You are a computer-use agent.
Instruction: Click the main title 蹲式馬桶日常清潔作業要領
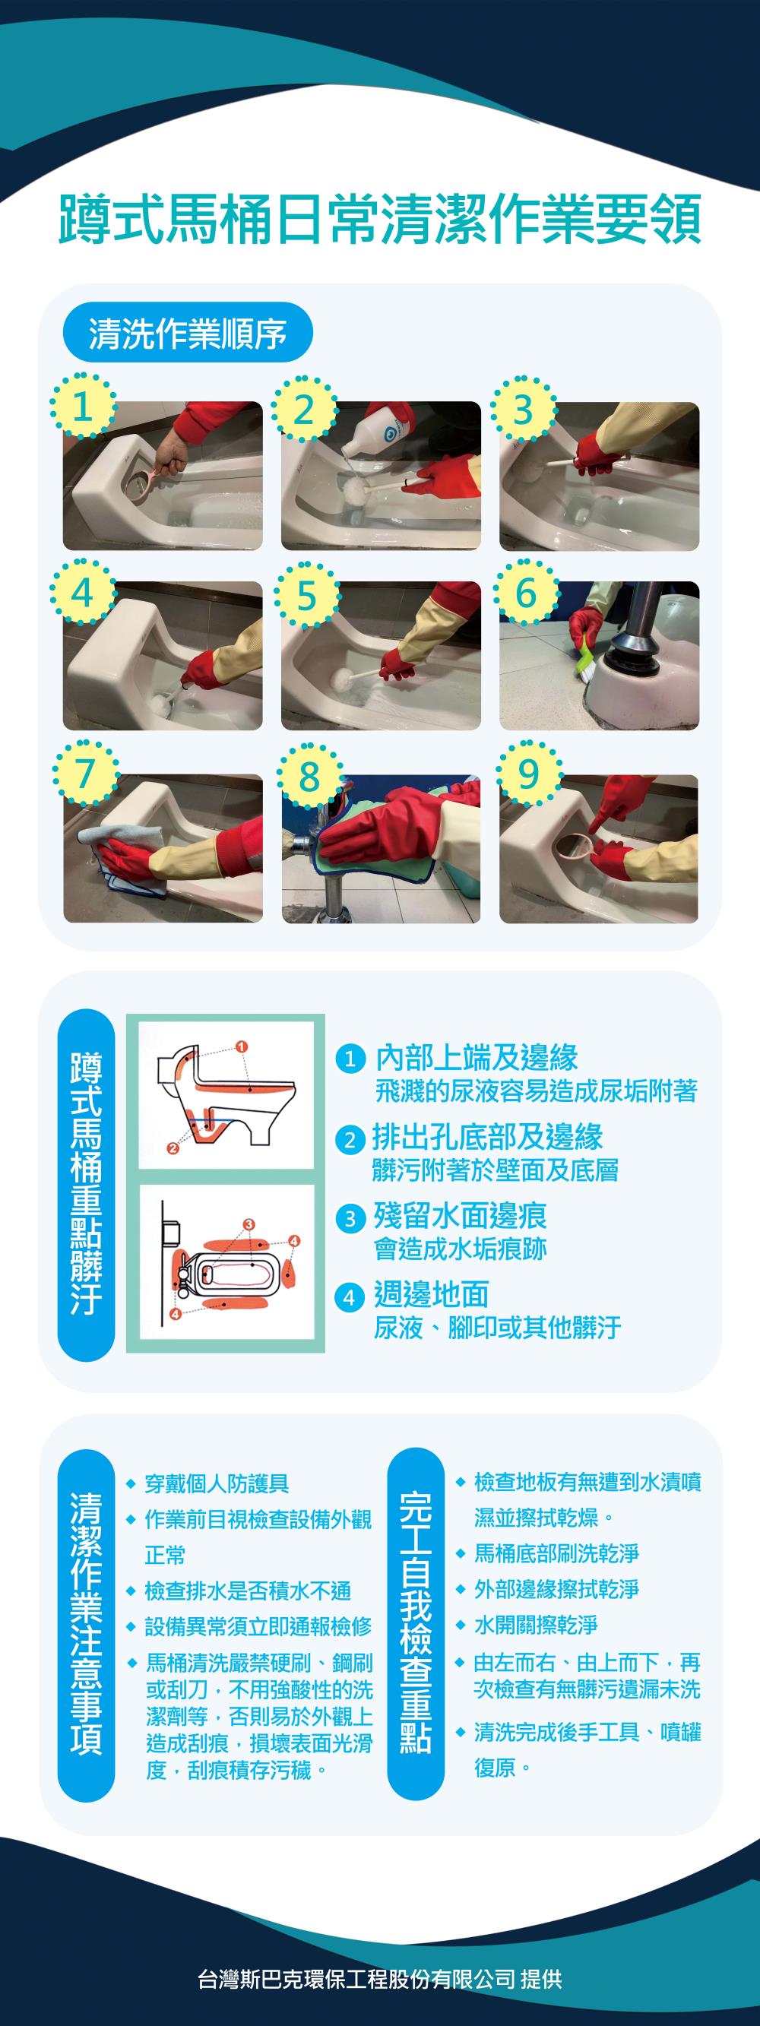coord(380,220)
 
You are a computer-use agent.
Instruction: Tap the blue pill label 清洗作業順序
coord(188,333)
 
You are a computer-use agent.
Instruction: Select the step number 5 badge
coord(306,595)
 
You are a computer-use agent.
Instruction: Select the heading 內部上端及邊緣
coord(477,1058)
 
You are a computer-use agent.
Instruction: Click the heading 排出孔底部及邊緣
coord(488,1138)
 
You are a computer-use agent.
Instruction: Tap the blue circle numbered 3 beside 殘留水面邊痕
coord(351,1219)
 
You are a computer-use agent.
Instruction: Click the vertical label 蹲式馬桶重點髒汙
coord(87,1185)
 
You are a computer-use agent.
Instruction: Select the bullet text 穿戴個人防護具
coord(217,1483)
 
